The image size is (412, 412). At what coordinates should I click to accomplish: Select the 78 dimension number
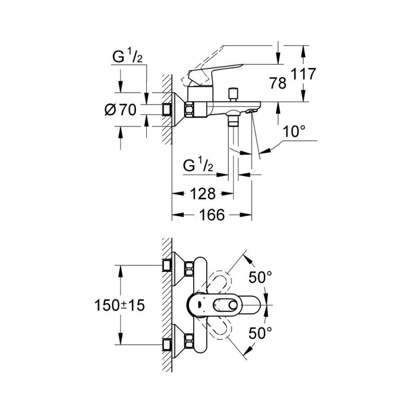278,82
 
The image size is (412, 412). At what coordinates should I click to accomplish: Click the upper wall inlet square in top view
167,265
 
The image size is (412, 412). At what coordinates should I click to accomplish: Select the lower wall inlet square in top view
167,344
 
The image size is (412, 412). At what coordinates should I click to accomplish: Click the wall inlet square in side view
167,109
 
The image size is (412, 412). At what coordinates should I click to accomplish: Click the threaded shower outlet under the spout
235,121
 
